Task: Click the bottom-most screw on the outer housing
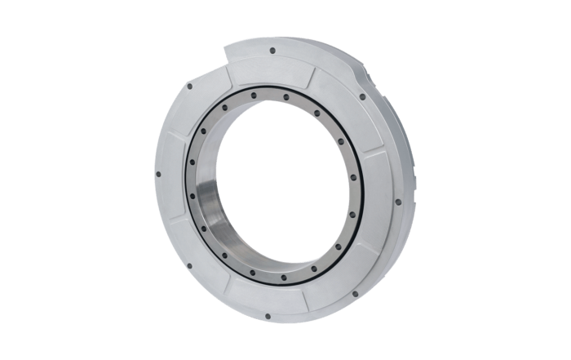click(276, 315)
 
